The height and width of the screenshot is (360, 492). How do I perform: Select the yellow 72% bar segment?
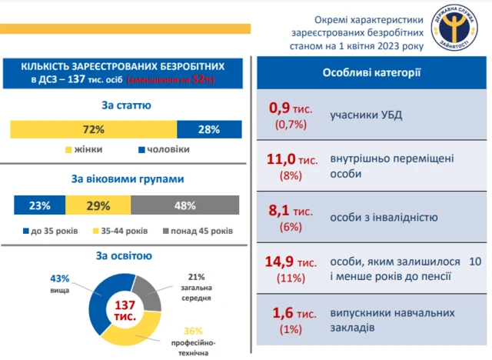point(93,129)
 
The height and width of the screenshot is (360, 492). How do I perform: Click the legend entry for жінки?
point(84,149)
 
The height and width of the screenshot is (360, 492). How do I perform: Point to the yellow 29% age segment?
point(98,205)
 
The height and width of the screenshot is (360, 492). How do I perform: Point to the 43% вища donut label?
point(60,282)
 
